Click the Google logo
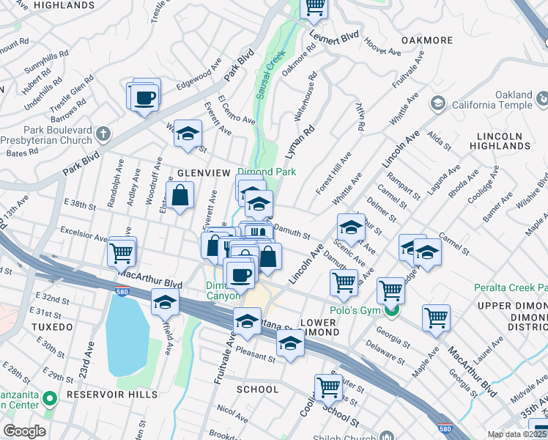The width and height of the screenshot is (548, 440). [24, 431]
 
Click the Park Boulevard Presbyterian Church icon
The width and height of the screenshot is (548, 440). [103, 134]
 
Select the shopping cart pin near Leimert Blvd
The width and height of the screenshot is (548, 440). [314, 7]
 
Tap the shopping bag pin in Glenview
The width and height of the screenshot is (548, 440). [180, 197]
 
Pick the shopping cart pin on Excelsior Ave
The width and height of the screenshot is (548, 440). [121, 253]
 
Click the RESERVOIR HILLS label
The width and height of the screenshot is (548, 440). [112, 395]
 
